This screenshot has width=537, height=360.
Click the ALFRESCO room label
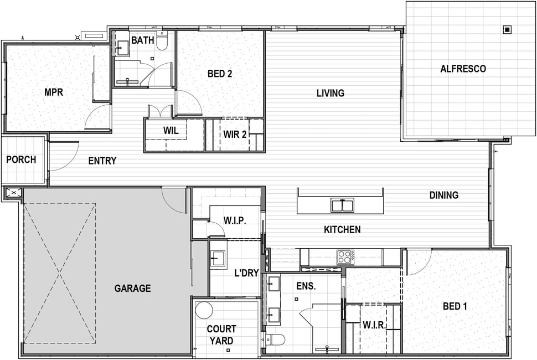coord(463,69)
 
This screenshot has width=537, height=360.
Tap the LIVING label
coord(331,93)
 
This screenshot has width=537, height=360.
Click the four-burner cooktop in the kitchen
coord(345,257)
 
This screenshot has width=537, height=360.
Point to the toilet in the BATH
coord(162,41)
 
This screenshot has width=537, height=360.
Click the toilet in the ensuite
coord(276,340)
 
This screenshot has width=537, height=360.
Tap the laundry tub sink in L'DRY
coord(218,258)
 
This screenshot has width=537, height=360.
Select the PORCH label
coord(21,160)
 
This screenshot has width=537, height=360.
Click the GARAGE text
coord(132,289)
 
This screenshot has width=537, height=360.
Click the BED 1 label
coord(455,306)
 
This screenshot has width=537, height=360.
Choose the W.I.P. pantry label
coord(235,220)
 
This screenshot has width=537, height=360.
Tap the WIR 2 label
coord(235,135)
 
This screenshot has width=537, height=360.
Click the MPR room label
coord(54,92)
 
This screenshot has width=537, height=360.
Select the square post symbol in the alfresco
coord(507,30)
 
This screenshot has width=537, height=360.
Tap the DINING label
coord(444,196)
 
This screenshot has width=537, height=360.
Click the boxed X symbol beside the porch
coord(14,193)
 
